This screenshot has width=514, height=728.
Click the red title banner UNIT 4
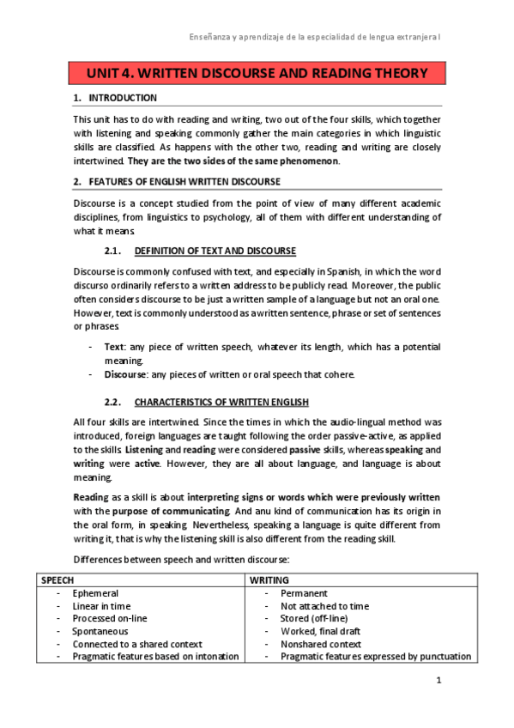click(257, 73)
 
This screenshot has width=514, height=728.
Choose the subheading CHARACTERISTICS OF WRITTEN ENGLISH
click(221, 402)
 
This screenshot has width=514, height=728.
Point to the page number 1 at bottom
click(438, 682)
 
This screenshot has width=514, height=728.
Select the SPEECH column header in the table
click(57, 580)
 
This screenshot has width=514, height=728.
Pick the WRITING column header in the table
click(269, 580)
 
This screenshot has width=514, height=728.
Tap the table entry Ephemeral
click(95, 593)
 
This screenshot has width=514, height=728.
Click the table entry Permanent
click(304, 593)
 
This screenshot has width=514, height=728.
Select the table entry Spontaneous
click(101, 631)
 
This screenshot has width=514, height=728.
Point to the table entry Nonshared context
click(321, 644)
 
